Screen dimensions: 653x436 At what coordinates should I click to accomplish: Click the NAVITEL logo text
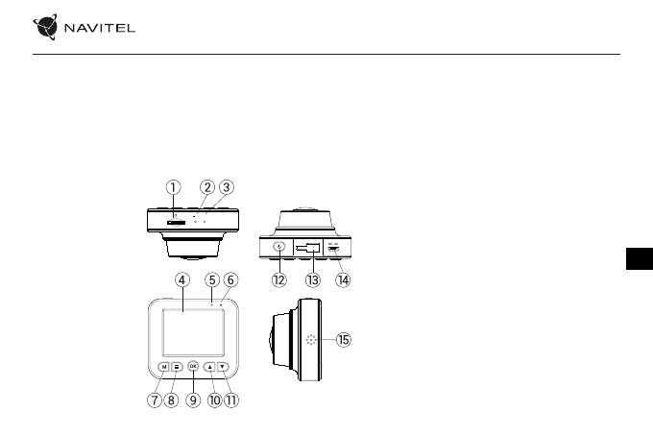(100, 27)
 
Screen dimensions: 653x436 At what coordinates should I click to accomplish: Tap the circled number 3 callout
(227, 187)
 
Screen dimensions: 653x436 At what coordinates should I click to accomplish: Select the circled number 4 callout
(181, 280)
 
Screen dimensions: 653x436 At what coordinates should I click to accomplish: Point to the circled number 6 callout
(231, 280)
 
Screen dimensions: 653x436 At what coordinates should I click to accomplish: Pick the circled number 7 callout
(154, 401)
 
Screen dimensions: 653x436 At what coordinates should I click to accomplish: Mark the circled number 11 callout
(231, 401)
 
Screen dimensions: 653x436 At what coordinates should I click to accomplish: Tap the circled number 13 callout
(311, 280)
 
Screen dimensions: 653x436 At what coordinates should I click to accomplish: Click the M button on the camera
(165, 366)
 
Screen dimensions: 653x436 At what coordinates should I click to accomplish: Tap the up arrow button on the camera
(209, 366)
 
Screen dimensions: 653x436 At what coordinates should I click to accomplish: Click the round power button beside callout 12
(279, 247)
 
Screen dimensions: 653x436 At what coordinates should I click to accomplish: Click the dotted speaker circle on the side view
(310, 341)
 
